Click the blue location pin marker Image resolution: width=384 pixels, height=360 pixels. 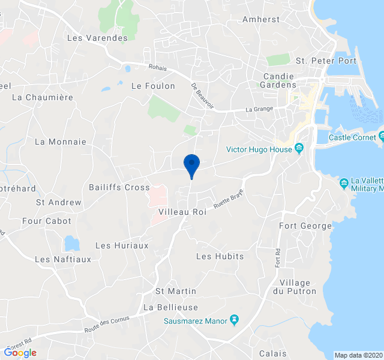click(191, 164)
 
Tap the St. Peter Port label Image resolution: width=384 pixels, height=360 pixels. click(326, 61)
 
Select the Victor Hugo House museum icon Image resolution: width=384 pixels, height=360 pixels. click(299, 149)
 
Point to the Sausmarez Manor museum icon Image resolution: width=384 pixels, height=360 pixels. click(234, 321)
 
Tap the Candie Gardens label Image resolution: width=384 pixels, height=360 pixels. click(280, 80)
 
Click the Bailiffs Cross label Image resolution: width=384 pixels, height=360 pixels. click(119, 188)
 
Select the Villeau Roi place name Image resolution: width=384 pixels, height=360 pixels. click(182, 212)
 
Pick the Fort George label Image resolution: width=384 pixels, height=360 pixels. click(305, 226)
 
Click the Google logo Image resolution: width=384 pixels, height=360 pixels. click(20, 353)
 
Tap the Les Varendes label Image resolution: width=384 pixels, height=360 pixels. click(98, 38)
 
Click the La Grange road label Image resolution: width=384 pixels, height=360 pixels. click(259, 109)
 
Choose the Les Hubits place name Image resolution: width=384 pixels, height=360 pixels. click(220, 256)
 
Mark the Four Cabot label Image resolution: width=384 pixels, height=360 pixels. click(46, 221)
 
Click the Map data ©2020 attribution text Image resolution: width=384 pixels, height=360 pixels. click(358, 355)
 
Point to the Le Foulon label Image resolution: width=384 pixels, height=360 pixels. click(153, 86)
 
